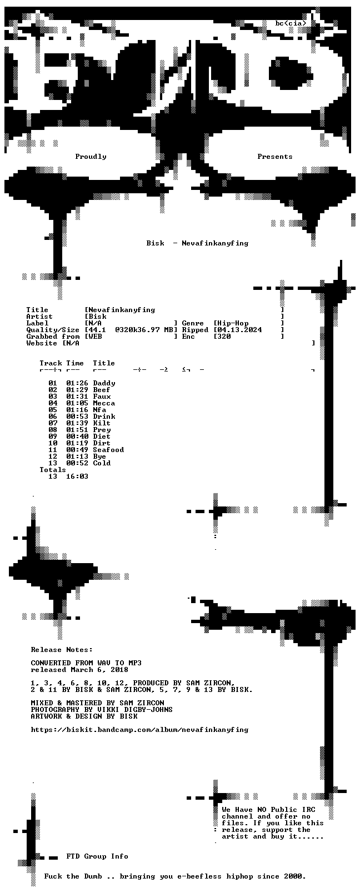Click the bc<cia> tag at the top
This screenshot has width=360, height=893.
click(x=291, y=23)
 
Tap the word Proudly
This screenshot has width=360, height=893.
click(x=91, y=157)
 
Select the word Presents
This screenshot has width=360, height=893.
click(x=274, y=157)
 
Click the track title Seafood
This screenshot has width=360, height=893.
click(x=108, y=450)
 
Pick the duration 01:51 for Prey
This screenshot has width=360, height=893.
click(x=77, y=430)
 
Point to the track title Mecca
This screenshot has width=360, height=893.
click(x=104, y=403)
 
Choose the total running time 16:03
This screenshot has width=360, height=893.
click(x=77, y=476)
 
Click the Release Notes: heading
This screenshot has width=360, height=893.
click(x=62, y=650)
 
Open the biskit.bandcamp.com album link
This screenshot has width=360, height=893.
click(x=139, y=730)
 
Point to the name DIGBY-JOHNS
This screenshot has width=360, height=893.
click(x=148, y=710)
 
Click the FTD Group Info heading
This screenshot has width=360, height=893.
click(x=97, y=856)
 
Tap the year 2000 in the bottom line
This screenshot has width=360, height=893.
click(x=294, y=876)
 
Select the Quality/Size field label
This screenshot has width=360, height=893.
click(x=53, y=330)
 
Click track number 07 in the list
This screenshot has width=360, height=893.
click(x=53, y=423)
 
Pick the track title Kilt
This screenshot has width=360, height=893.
click(x=102, y=423)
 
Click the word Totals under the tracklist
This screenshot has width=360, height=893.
click(x=53, y=470)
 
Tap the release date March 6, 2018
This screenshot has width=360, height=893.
click(x=99, y=670)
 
